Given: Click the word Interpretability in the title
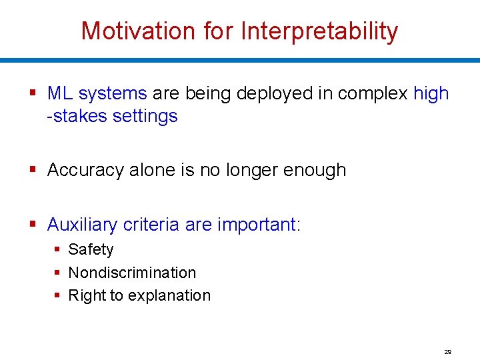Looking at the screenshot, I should [x=319, y=31].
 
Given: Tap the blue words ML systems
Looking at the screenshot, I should [x=97, y=93].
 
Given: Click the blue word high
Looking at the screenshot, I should [x=431, y=93].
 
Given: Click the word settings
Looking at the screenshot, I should [x=145, y=116].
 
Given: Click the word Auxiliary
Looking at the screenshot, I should [x=83, y=225].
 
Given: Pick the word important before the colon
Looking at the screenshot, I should [x=257, y=225].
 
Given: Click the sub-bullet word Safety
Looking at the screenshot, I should [x=91, y=250].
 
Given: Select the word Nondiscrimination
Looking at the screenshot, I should [x=132, y=273].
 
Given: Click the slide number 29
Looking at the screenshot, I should [x=447, y=351].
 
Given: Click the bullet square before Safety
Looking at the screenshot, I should [x=58, y=250].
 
